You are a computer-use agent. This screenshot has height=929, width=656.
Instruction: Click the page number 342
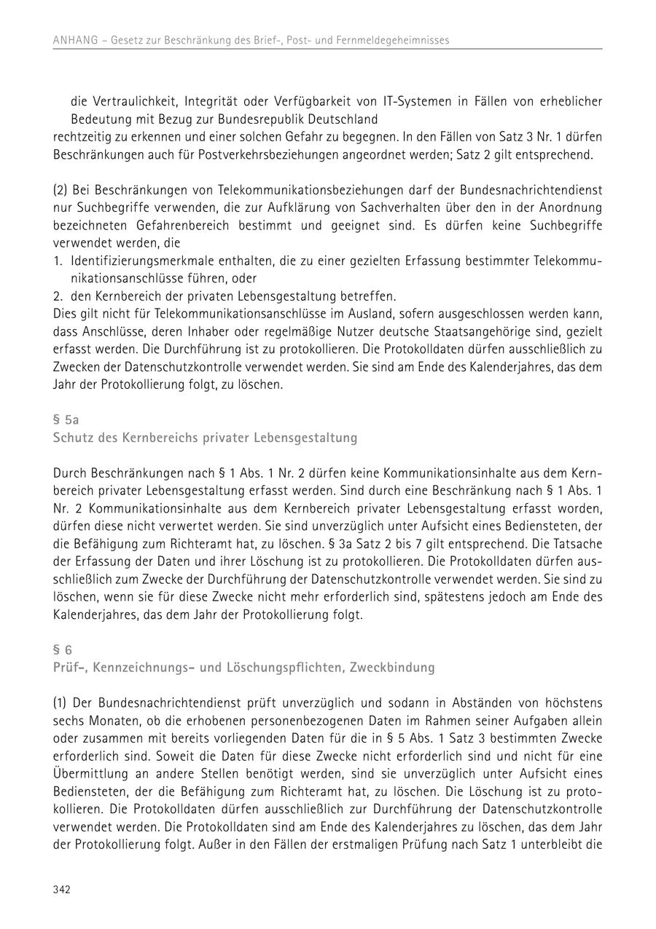click(61, 890)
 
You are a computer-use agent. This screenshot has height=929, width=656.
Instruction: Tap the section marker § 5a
click(66, 420)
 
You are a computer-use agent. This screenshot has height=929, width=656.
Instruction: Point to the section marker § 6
click(63, 649)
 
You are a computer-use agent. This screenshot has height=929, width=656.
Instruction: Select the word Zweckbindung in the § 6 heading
click(397, 667)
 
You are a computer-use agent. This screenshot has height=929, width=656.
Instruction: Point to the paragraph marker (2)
click(60, 190)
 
